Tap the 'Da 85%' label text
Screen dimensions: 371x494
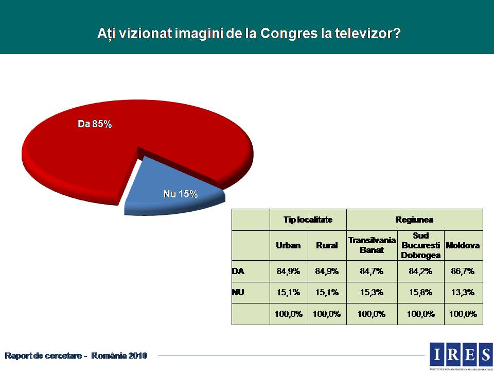[x=95, y=124]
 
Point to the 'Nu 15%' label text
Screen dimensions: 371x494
[x=180, y=194]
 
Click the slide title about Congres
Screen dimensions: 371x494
[x=249, y=33]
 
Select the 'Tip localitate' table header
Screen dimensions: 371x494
[x=308, y=220]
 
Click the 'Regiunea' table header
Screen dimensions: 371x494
[x=414, y=220]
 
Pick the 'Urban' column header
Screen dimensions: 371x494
[x=288, y=245]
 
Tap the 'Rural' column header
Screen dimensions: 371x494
[x=327, y=245]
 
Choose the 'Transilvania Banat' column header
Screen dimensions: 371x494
[x=372, y=245]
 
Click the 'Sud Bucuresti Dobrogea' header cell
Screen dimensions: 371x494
[x=420, y=245]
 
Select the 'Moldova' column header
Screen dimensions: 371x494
[x=463, y=245]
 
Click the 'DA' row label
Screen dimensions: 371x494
[x=238, y=271]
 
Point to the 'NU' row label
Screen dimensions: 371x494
[x=238, y=292]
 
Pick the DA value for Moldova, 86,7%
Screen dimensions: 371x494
[x=463, y=271]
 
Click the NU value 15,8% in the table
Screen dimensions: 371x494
[x=420, y=292]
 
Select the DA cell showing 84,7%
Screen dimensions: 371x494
[x=372, y=271]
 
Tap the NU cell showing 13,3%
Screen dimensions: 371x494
[x=463, y=292]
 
